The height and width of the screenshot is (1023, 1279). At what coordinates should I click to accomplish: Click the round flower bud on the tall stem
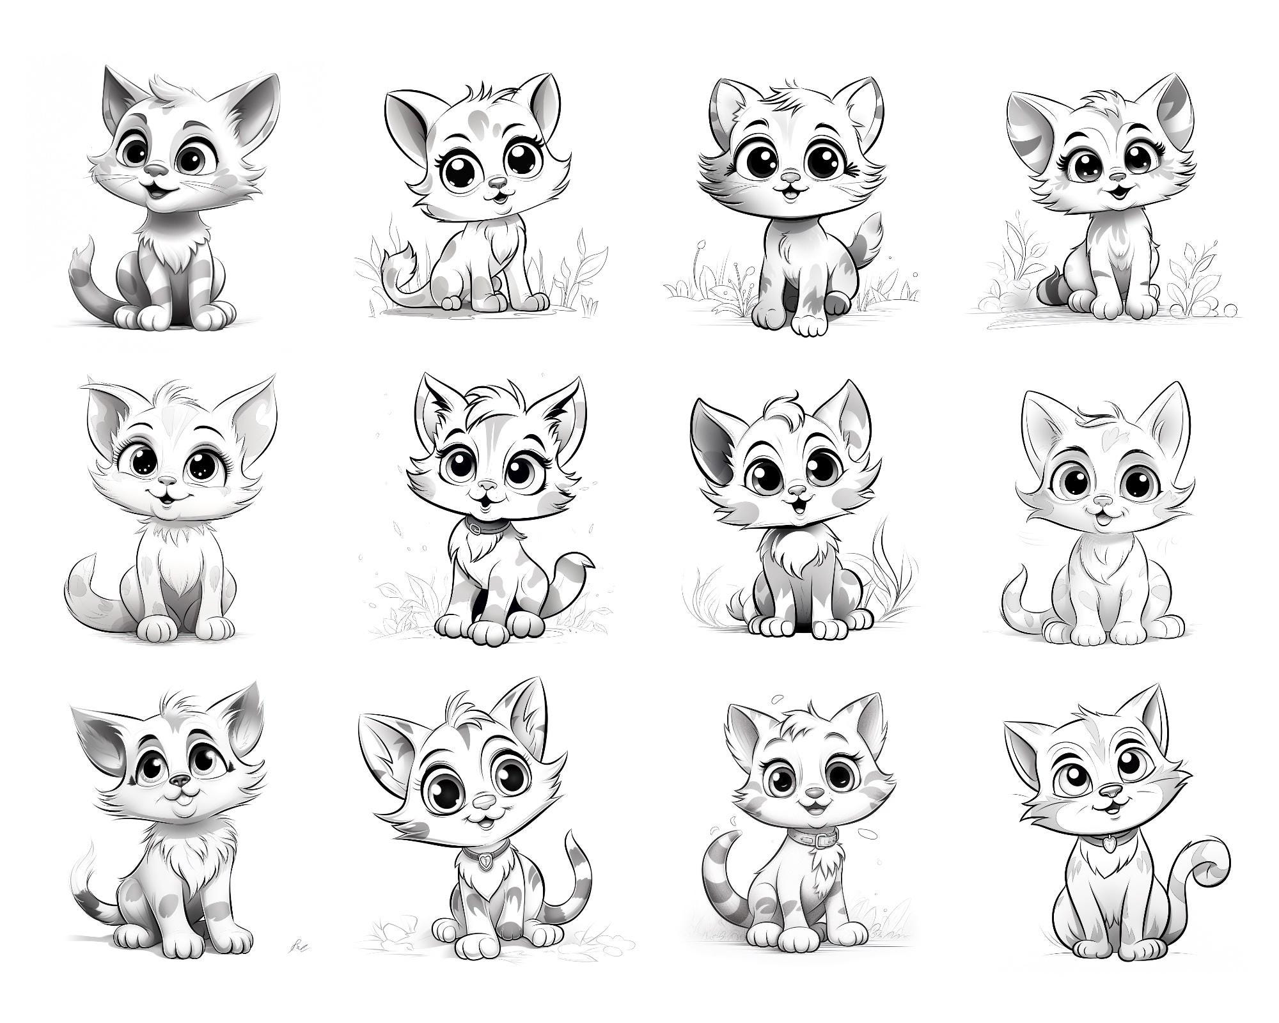tap(702, 244)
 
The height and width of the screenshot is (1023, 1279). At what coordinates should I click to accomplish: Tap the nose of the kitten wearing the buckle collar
tap(813, 792)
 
